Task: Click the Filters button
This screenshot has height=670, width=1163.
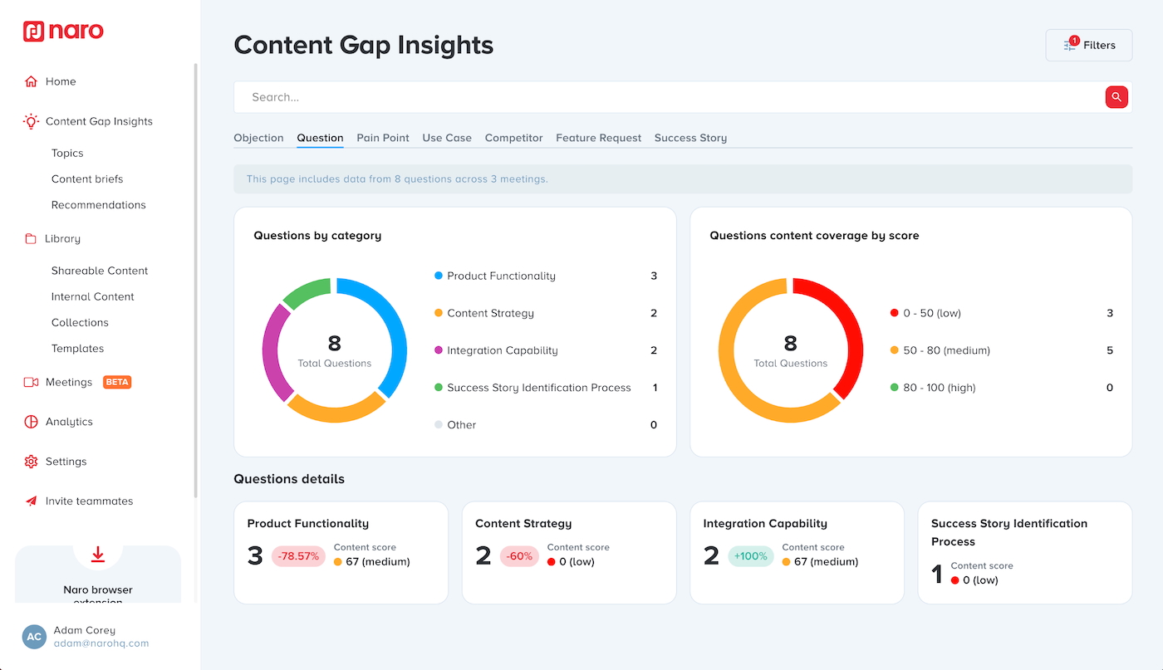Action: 1088,46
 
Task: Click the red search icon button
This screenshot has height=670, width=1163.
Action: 1116,97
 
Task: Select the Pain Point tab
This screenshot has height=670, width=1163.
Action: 383,138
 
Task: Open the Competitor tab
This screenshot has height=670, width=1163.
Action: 513,138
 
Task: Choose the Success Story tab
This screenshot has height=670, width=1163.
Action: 690,138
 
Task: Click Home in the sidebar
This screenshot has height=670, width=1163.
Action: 61,81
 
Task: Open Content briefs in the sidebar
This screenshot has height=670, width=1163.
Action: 87,179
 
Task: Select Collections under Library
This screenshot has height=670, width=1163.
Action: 80,322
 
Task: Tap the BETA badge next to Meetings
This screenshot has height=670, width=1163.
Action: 117,382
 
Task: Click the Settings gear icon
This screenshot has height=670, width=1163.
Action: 31,462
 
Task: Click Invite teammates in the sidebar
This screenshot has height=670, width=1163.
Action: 89,501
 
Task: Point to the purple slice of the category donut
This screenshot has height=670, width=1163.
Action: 274,353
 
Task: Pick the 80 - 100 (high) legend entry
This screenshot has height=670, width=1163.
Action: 939,388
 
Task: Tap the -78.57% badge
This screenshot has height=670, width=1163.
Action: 298,556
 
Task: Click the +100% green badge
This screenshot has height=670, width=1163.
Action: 750,556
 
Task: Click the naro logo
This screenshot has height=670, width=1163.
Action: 64,32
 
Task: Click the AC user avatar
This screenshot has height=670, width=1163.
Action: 34,637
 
